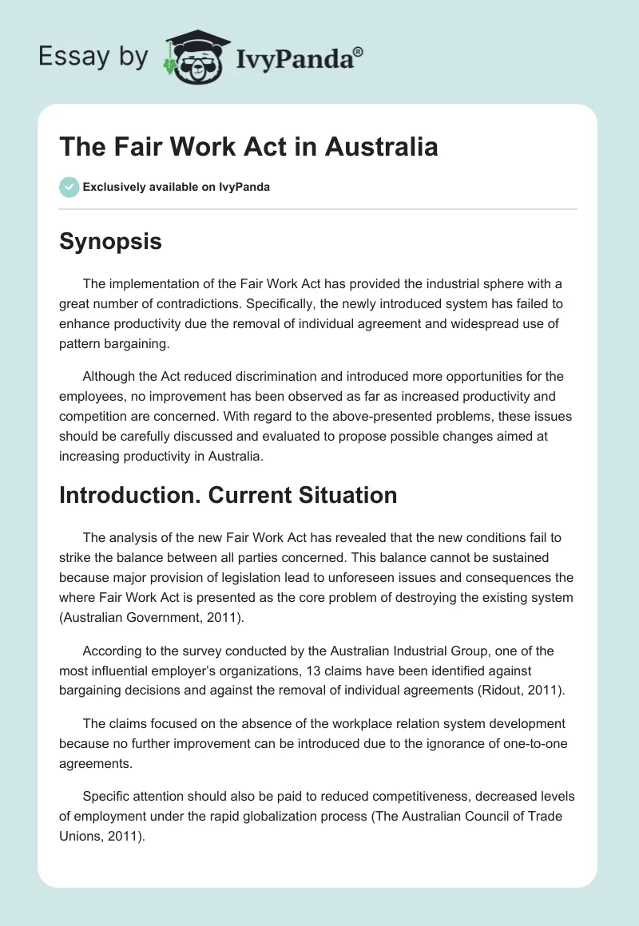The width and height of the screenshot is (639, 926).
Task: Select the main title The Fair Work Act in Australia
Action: point(248,148)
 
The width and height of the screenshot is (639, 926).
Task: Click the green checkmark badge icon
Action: point(69,187)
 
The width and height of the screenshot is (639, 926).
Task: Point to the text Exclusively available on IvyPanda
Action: point(177,187)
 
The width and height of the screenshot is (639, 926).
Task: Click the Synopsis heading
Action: point(110,241)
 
